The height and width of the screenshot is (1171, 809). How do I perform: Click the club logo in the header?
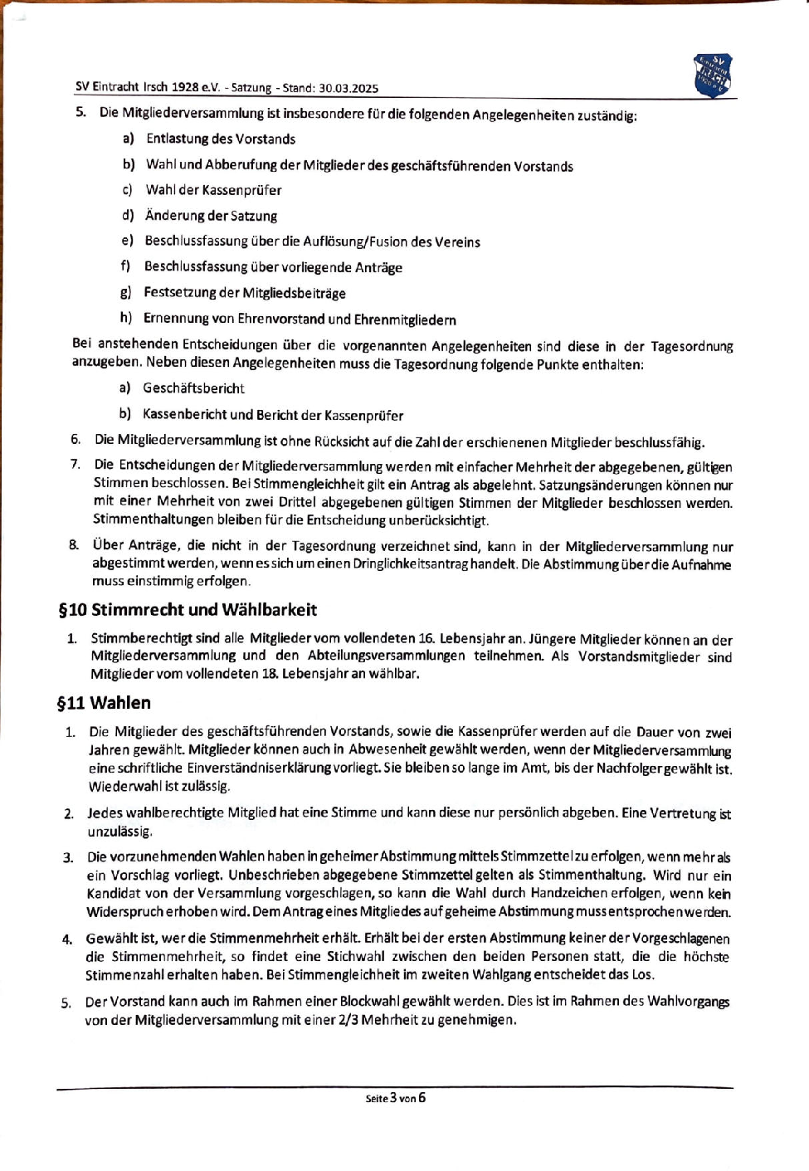pos(713,76)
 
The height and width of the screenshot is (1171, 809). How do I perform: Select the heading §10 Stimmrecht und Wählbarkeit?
pos(188,610)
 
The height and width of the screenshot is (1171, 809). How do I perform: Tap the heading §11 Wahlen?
pos(104,703)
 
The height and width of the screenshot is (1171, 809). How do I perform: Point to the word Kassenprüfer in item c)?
pos(241,190)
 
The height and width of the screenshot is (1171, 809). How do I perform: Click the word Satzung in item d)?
pos(254,216)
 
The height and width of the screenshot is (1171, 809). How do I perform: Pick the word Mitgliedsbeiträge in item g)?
pos(294,293)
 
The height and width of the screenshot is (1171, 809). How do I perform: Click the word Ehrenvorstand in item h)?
pos(281,320)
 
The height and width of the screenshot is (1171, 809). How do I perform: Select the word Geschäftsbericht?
pos(193,388)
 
